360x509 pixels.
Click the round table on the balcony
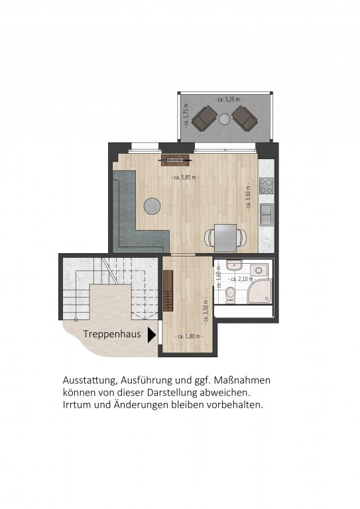tap(225, 119)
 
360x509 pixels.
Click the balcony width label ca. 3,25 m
tap(225, 99)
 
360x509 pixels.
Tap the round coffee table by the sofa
tap(152, 206)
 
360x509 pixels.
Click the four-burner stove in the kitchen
tap(267, 186)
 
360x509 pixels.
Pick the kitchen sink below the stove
tap(267, 214)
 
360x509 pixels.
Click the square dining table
tap(225, 235)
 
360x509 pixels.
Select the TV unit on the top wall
tap(174, 159)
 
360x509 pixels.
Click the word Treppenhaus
tap(111, 335)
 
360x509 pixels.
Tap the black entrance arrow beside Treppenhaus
tap(152, 335)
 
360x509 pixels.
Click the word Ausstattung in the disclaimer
tap(89, 381)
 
